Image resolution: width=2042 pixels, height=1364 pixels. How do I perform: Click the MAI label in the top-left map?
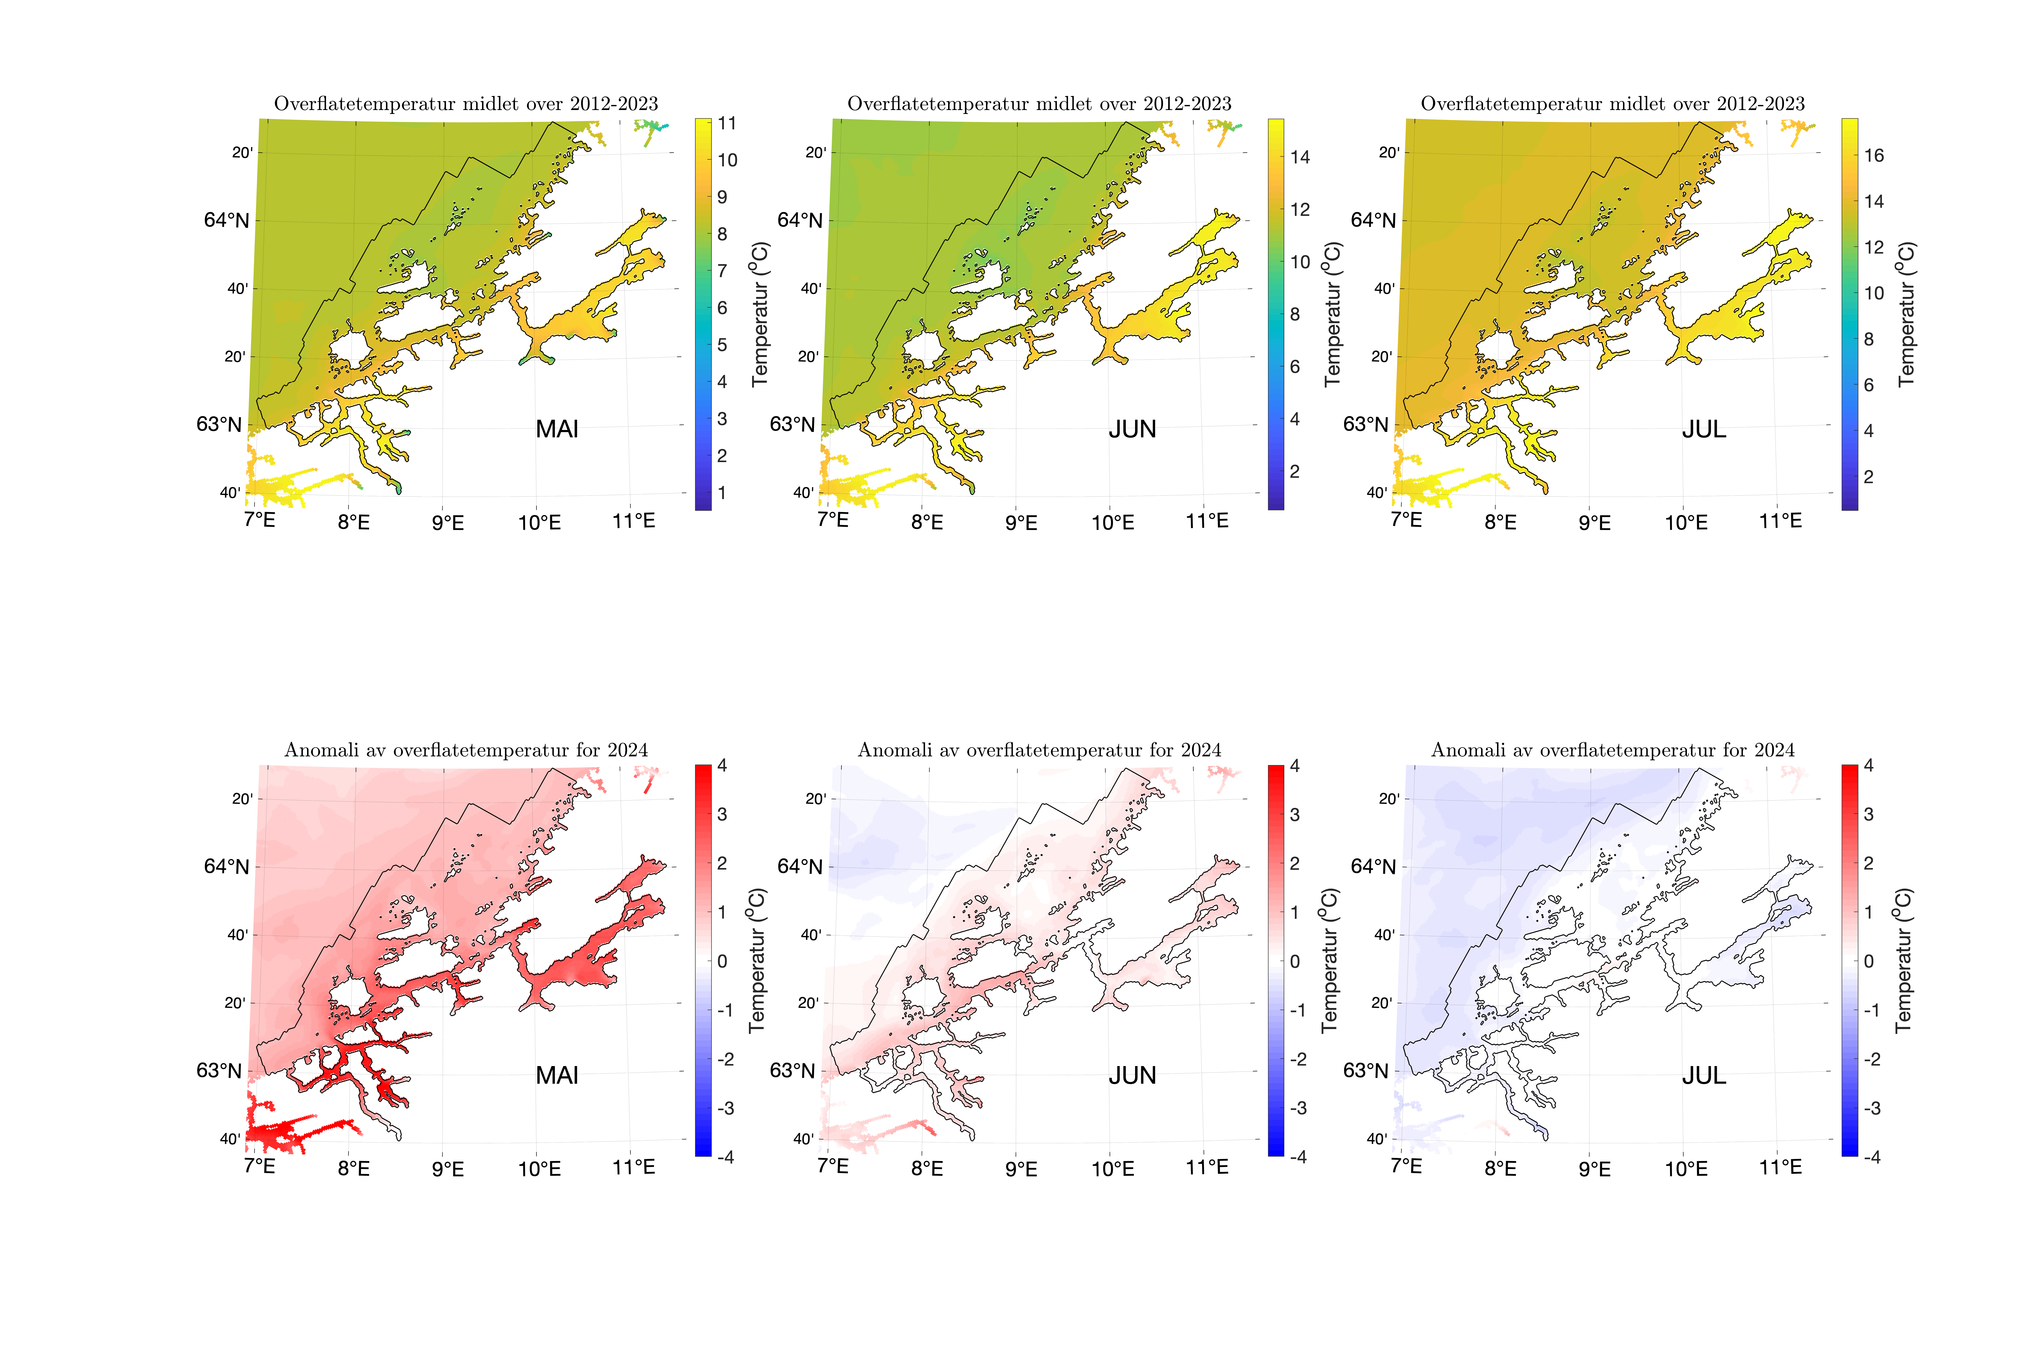pos(557,429)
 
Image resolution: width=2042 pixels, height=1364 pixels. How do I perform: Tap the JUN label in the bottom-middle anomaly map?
pos(1132,1075)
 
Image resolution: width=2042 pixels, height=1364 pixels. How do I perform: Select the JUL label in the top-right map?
pos(1704,429)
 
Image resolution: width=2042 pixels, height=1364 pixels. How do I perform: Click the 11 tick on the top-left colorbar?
pos(727,123)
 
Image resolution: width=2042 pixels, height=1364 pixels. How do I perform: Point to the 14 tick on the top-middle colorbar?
pos(1300,158)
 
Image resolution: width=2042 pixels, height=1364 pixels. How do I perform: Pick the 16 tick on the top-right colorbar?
pos(1873,156)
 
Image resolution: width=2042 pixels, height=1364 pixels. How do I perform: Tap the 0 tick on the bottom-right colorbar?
pos(1869,961)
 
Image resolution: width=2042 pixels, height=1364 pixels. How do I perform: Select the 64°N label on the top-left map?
pos(226,220)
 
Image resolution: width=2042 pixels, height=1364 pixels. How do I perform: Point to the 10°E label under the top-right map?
pos(1686,523)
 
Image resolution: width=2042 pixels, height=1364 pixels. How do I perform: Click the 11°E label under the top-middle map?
pos(1207,521)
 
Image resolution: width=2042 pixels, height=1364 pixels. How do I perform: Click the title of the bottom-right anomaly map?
pos(1612,750)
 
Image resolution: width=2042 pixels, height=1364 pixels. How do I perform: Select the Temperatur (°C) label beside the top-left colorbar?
pos(760,313)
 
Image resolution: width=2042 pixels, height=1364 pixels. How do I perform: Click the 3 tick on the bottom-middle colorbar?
pos(1295,815)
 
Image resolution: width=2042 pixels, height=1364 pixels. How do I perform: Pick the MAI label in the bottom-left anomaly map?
pos(557,1075)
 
